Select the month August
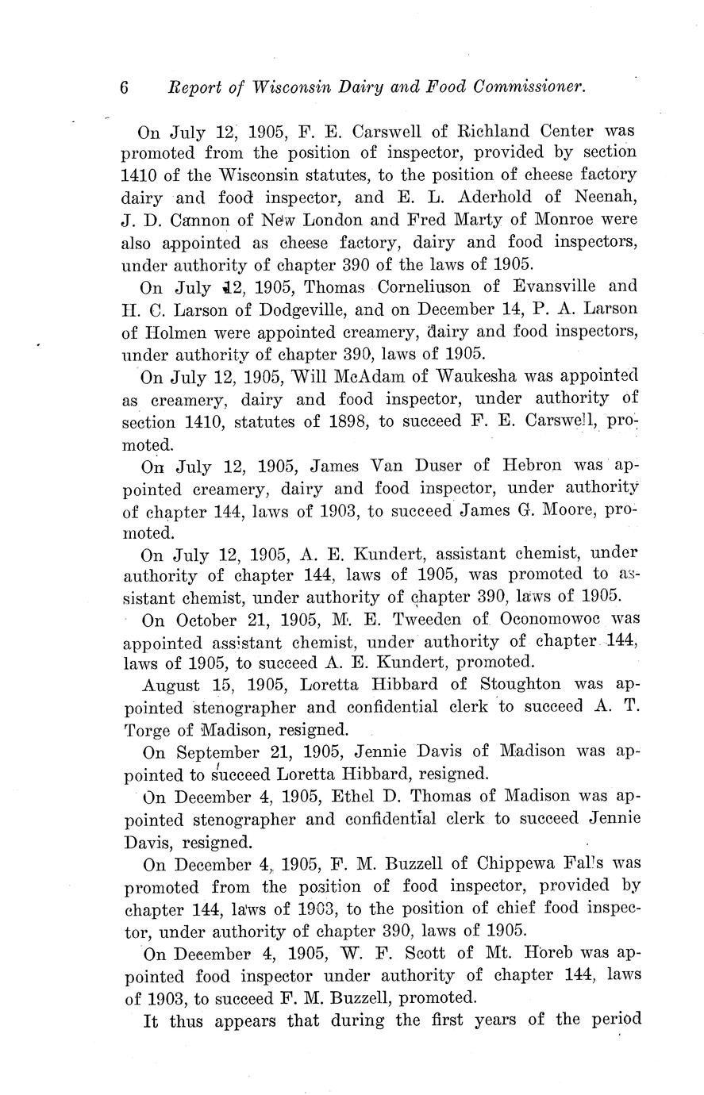[176, 684]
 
